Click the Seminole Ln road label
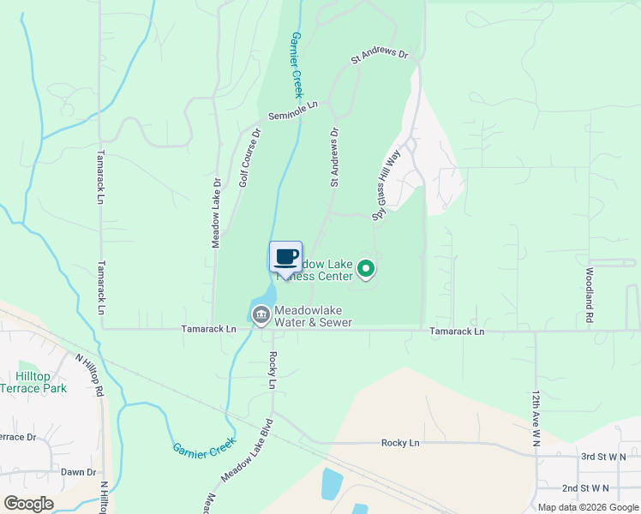[292, 111]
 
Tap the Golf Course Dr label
[249, 158]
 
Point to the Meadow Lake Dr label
[217, 213]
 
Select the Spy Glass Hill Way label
[386, 187]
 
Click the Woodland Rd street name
[590, 295]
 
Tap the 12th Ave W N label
[536, 416]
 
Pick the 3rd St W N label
[603, 457]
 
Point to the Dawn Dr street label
[78, 472]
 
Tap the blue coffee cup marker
[285, 257]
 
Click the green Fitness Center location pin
[366, 270]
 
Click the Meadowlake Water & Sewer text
[313, 316]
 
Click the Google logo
[28, 504]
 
